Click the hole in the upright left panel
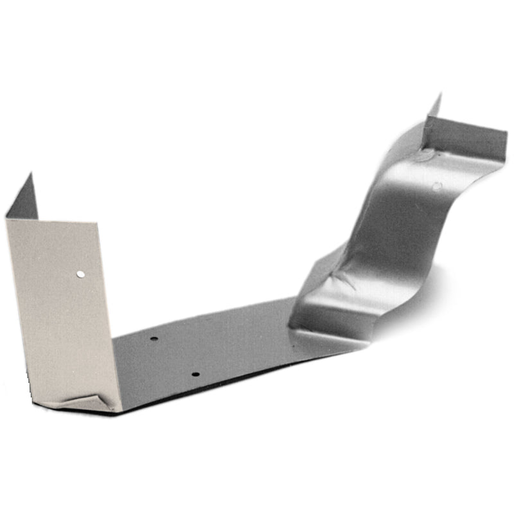pyautogui.click(x=80, y=274)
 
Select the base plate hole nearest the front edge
pyautogui.click(x=196, y=374)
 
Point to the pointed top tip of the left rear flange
pyautogui.click(x=30, y=173)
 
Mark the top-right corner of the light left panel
pyautogui.click(x=96, y=224)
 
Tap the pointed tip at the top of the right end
pyautogui.click(x=440, y=95)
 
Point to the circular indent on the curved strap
pyautogui.click(x=437, y=186)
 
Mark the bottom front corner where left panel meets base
pyautogui.click(x=116, y=410)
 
